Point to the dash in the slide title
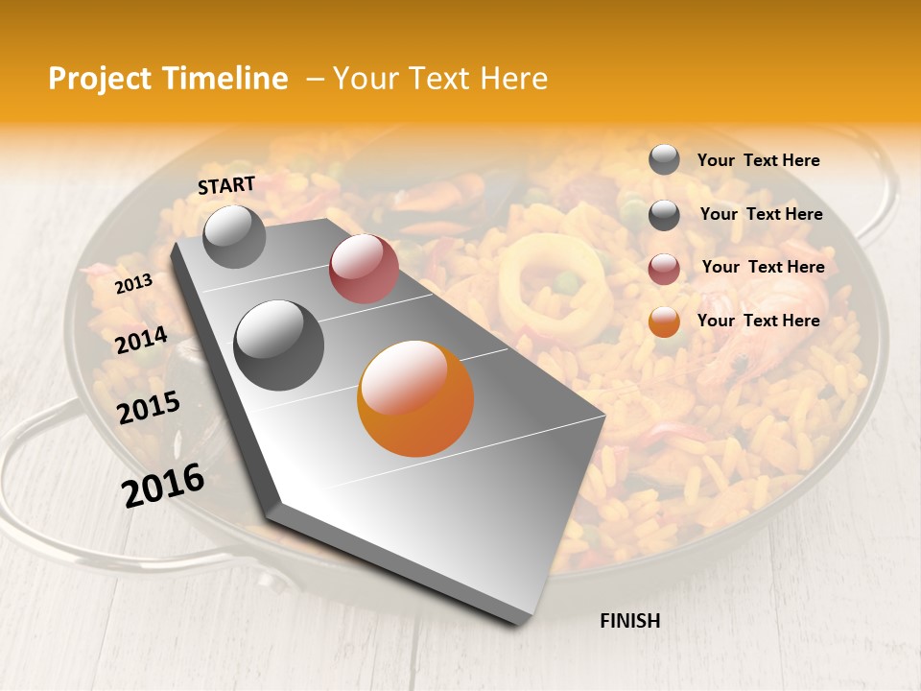coord(315,79)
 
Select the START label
coord(226,185)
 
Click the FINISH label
coord(629,621)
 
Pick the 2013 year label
coord(133,284)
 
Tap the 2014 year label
coord(141,340)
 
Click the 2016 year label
coord(163,485)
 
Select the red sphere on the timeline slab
coord(364,269)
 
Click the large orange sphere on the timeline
coord(415,398)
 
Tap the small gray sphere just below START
coord(234,236)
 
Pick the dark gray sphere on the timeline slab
coord(278,345)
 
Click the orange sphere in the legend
coord(664,322)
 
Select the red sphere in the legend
coord(664,269)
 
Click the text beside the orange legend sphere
coord(758,321)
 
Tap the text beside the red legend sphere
coord(763,267)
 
